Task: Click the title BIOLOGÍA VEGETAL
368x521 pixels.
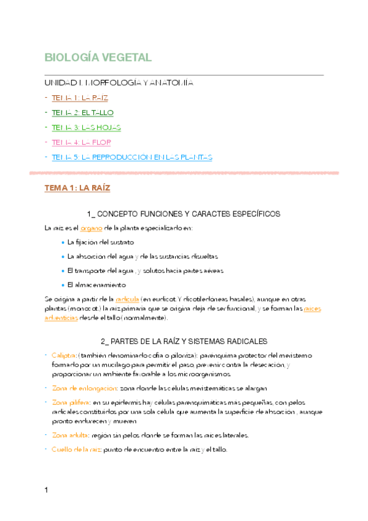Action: (x=98, y=58)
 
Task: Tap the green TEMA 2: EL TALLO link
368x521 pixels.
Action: (x=82, y=112)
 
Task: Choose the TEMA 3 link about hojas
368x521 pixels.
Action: (x=87, y=127)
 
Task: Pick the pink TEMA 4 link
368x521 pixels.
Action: (x=81, y=142)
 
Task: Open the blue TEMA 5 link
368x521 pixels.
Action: (x=132, y=157)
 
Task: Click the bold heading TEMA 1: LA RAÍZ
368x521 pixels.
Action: (x=77, y=188)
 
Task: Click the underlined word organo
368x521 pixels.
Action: (x=91, y=228)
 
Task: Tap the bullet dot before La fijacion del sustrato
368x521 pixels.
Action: (x=63, y=242)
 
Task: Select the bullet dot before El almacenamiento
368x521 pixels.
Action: (x=63, y=285)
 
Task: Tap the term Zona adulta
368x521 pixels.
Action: (x=70, y=435)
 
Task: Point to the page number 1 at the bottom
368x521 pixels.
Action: (x=46, y=490)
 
